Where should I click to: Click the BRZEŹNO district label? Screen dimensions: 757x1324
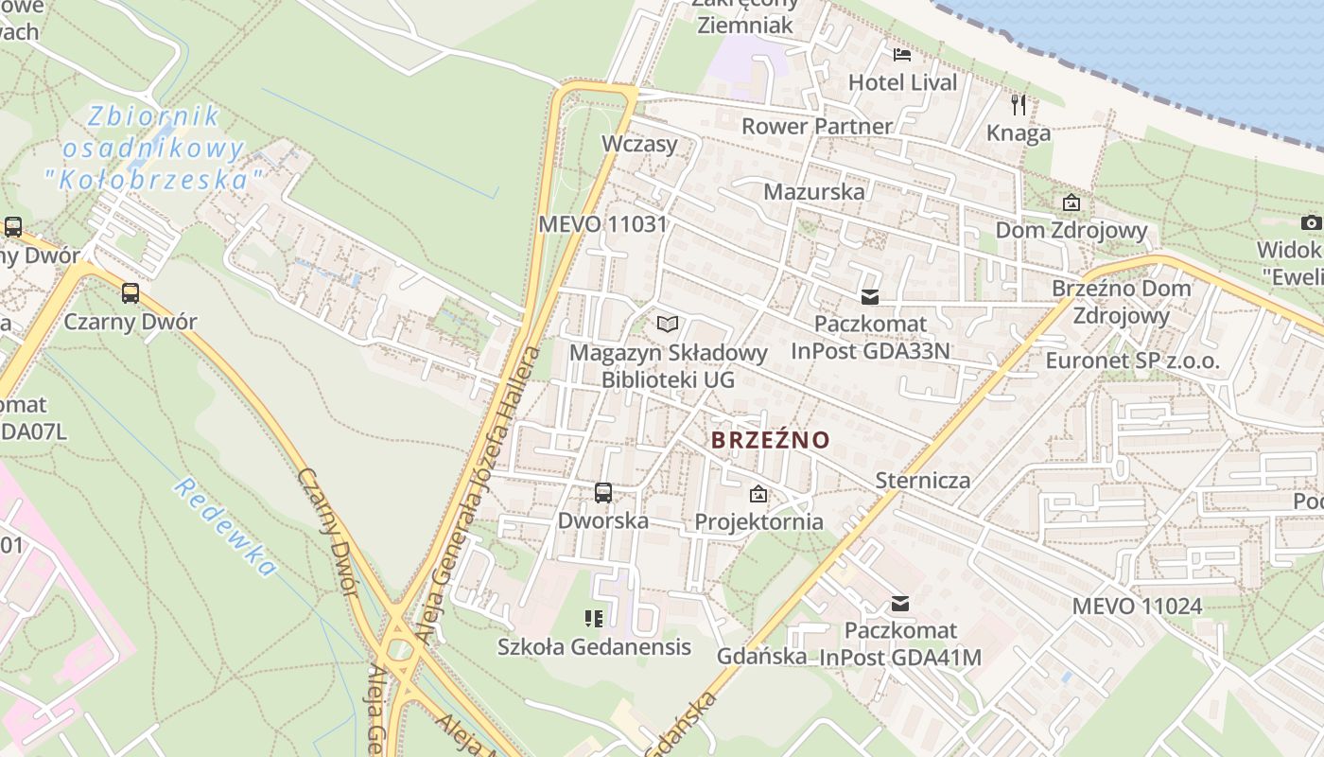point(770,440)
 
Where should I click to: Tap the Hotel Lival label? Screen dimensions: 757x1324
point(903,82)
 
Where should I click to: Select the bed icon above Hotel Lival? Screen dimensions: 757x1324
point(902,54)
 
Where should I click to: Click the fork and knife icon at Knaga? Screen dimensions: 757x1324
point(1019,104)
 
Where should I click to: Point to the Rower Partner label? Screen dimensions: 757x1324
point(816,126)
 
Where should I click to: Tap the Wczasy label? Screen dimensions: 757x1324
point(639,144)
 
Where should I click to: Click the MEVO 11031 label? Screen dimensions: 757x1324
point(602,225)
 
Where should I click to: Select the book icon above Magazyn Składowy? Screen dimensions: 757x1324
point(668,325)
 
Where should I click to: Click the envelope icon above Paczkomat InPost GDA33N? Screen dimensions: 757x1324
point(870,297)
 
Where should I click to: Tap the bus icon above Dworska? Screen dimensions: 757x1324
point(602,492)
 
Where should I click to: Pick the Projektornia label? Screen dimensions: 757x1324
point(758,521)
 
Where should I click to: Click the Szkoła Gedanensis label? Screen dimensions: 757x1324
point(594,647)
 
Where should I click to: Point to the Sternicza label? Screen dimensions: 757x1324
point(922,480)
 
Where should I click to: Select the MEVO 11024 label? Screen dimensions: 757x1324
point(1137,606)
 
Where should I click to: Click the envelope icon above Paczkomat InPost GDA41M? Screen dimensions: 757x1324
point(900,604)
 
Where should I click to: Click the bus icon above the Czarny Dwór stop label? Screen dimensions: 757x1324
point(131,293)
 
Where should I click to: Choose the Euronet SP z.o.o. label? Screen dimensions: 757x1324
point(1132,361)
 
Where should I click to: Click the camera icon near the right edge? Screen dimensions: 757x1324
point(1311,222)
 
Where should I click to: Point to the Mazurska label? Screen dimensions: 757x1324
point(813,191)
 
